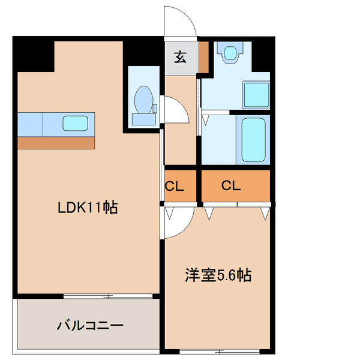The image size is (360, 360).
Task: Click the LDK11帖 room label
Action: pyautogui.click(x=87, y=208)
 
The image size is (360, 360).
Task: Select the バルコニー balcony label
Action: pyautogui.click(x=90, y=326)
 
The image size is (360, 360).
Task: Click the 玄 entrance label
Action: pyautogui.click(x=180, y=58)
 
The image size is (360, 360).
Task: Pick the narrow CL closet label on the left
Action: pyautogui.click(x=174, y=186)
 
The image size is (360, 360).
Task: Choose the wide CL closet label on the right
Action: pyautogui.click(x=231, y=186)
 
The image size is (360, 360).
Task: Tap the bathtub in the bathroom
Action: pyautogui.click(x=256, y=139)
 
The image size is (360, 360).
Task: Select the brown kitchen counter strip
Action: pyautogui.click(x=56, y=143)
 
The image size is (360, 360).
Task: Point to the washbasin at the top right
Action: pyautogui.click(x=229, y=53)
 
